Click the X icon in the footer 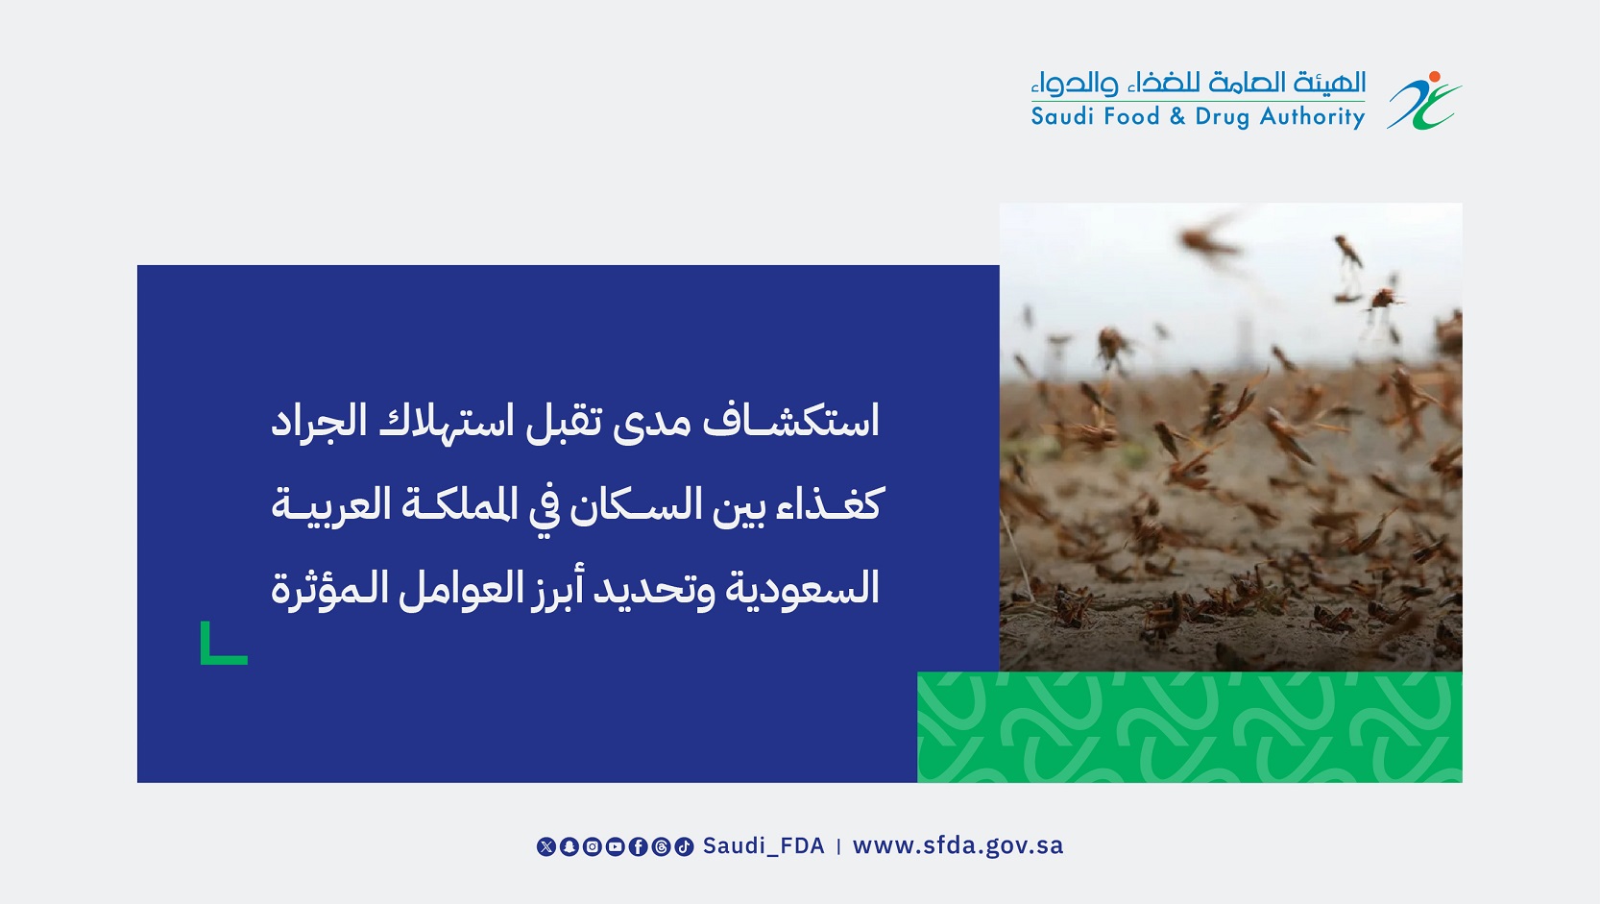pyautogui.click(x=545, y=846)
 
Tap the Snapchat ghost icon pyautogui.click(x=569, y=846)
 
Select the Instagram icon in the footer pyautogui.click(x=593, y=846)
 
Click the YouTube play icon pyautogui.click(x=615, y=846)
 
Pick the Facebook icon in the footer pyautogui.click(x=638, y=846)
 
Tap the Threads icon pyautogui.click(x=661, y=846)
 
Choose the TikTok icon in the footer pyautogui.click(x=685, y=846)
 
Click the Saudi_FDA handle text pyautogui.click(x=764, y=846)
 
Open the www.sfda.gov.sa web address pyautogui.click(x=958, y=846)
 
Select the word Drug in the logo pyautogui.click(x=1223, y=117)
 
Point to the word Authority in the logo pyautogui.click(x=1312, y=117)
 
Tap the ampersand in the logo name pyautogui.click(x=1177, y=116)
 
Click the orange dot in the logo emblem pyautogui.click(x=1434, y=77)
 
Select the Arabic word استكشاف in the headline pyautogui.click(x=790, y=422)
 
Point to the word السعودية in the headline pyautogui.click(x=801, y=589)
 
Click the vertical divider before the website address pyautogui.click(x=838, y=846)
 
